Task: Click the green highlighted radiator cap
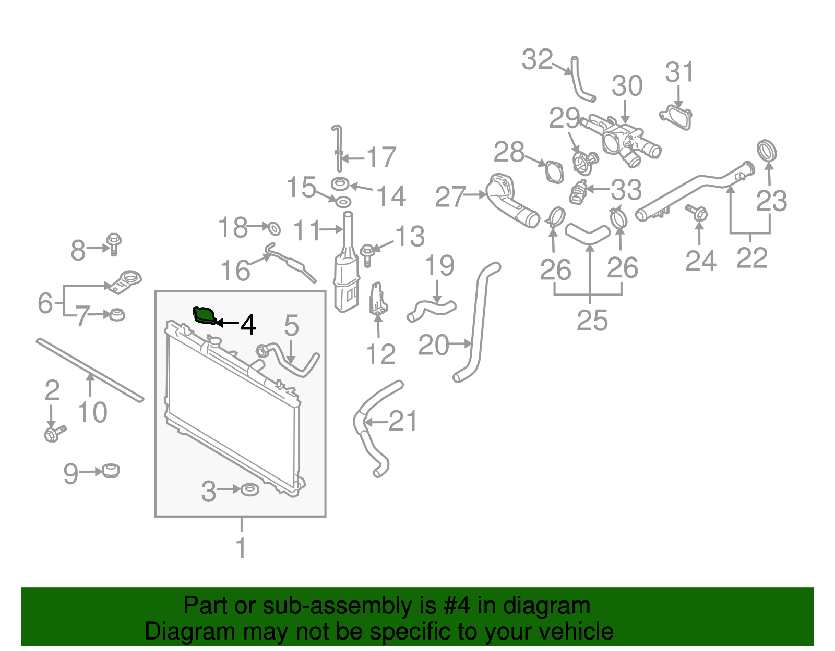204,315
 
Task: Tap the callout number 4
248,324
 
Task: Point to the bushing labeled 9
111,470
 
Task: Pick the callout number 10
92,412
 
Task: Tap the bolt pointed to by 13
367,254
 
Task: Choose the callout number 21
403,421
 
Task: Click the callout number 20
433,345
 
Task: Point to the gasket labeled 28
554,171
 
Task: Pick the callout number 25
592,320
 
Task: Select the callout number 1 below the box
241,548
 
